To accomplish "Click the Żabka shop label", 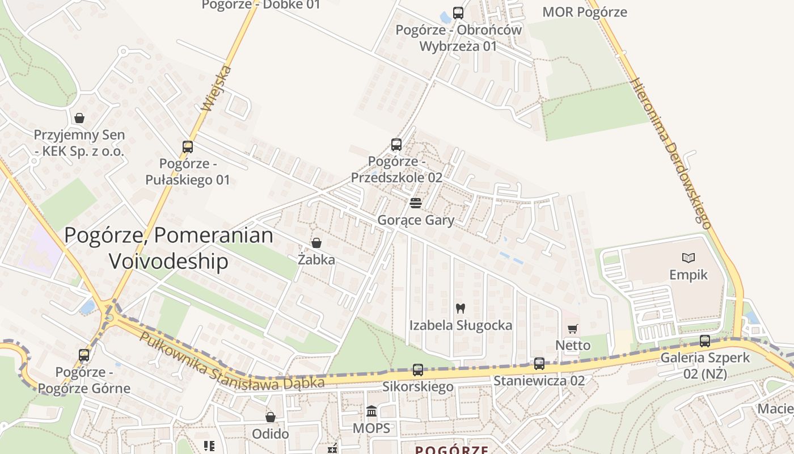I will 316,260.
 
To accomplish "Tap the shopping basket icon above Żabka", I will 316,243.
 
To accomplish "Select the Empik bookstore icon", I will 689,258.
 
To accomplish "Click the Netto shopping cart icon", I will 573,329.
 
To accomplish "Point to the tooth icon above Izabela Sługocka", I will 460,309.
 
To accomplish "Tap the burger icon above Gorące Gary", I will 416,203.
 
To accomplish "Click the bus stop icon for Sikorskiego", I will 418,370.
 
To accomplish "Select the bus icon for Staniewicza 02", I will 539,364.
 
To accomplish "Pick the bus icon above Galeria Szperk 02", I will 705,341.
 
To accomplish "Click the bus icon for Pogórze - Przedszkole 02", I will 396,145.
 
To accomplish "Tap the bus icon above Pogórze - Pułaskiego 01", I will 188,147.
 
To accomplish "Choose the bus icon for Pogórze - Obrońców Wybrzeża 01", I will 458,13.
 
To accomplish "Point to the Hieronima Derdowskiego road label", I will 671,153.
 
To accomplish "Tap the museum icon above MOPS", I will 371,411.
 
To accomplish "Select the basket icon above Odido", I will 271,417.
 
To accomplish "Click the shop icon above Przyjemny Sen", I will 79,118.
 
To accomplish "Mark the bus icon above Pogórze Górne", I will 84,355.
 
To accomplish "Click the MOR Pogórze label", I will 585,12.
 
